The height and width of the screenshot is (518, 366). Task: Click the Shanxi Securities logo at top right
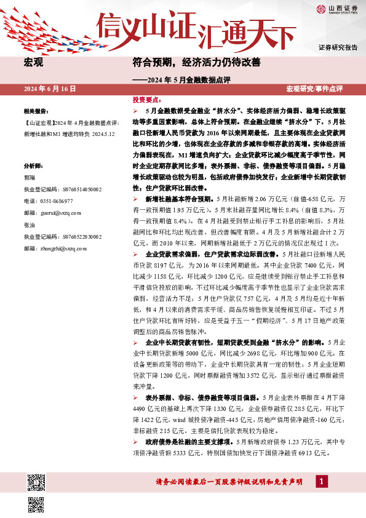click(337, 8)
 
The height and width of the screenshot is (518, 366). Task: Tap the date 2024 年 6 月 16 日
click(50, 89)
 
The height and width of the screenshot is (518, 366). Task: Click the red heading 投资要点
click(148, 99)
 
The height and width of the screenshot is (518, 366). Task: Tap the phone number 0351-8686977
click(55, 201)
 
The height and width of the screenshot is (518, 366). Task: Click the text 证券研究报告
click(338, 47)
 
